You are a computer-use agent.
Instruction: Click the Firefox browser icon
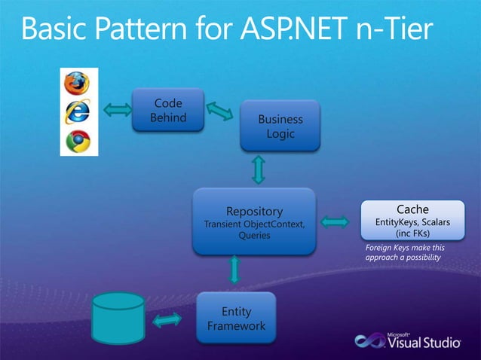77,82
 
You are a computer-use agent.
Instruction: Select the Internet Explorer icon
77,111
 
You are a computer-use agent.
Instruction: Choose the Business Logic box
280,127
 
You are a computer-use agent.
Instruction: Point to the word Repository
254,211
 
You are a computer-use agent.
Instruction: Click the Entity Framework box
236,319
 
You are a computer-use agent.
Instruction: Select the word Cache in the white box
412,209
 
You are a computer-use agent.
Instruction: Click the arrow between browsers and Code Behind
117,111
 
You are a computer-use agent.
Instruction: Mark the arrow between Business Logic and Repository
259,169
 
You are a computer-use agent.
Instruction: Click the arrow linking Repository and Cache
335,222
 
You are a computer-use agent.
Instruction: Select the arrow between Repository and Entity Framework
234,270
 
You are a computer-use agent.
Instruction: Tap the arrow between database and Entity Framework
167,320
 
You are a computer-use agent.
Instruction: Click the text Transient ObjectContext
254,224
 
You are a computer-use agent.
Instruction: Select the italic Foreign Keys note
405,252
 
